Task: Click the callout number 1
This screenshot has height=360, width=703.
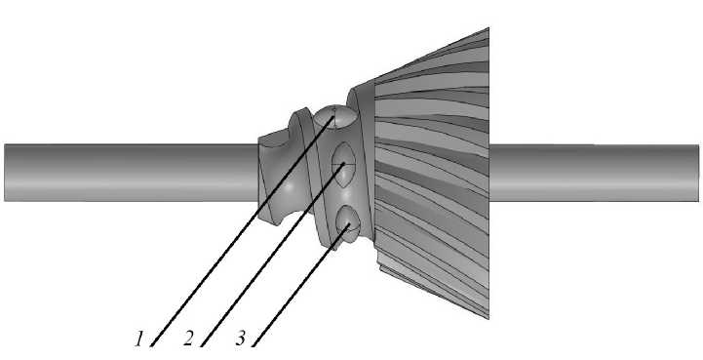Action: [x=139, y=340]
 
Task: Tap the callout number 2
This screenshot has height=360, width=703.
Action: [x=189, y=340]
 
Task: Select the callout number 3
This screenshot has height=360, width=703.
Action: [x=241, y=339]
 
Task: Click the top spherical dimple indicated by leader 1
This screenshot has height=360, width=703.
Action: [x=335, y=118]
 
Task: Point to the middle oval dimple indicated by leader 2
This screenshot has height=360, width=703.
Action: [x=343, y=164]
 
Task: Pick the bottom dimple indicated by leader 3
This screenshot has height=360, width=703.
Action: [x=347, y=223]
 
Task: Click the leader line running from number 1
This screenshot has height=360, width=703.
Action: [x=243, y=231]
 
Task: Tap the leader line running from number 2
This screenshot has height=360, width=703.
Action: [x=272, y=255]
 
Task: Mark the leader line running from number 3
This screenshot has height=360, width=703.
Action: [x=300, y=286]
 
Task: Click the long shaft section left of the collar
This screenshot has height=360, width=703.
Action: [x=131, y=173]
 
